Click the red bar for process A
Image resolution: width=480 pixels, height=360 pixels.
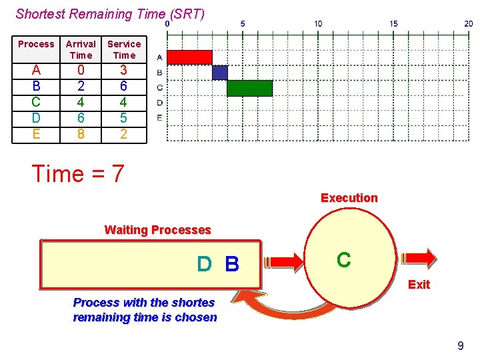(189, 57)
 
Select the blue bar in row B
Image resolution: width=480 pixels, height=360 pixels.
(220, 73)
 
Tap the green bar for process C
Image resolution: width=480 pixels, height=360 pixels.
(250, 88)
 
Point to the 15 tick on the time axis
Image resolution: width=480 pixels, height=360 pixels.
(393, 23)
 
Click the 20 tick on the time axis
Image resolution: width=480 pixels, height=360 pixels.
(469, 23)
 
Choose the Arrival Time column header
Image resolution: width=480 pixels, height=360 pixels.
(81, 49)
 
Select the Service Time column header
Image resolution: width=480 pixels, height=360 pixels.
(124, 49)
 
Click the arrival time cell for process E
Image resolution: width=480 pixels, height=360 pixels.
(81, 134)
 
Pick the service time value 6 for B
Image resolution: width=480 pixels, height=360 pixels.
(124, 86)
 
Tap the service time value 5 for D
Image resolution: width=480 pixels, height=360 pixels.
(124, 118)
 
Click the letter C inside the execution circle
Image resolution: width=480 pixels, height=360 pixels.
(344, 260)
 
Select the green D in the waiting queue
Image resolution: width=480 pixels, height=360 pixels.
(205, 265)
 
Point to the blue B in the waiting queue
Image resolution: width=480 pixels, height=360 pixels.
(232, 265)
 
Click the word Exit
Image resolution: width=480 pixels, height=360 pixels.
(419, 285)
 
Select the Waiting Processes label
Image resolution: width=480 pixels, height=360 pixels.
(157, 230)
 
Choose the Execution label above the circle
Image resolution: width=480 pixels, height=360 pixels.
(349, 198)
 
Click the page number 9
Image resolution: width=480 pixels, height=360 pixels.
(460, 345)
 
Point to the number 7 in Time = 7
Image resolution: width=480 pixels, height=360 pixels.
(117, 174)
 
